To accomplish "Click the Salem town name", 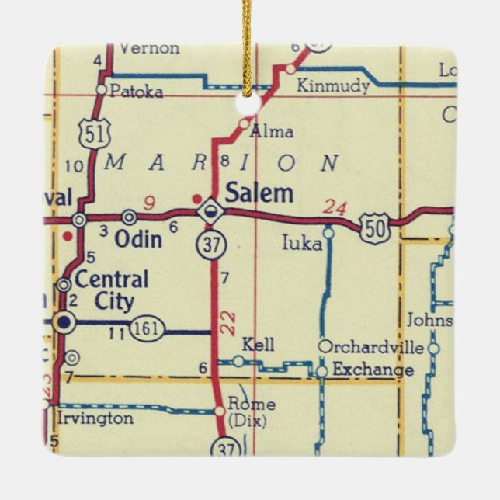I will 259,193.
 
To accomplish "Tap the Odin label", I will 138,239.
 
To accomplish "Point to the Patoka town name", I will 137,92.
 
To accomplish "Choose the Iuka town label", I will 302,244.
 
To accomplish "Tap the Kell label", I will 258,345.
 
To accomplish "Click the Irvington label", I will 95,418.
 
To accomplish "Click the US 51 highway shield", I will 92,134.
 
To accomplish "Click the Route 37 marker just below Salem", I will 211,244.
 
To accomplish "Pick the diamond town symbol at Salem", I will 209,210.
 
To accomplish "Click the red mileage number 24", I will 335,207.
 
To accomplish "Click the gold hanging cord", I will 248,39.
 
